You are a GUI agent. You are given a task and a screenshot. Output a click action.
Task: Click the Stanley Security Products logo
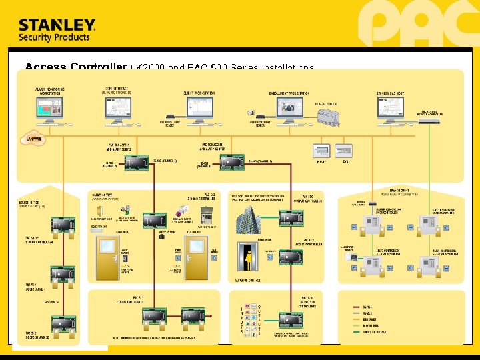57,30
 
